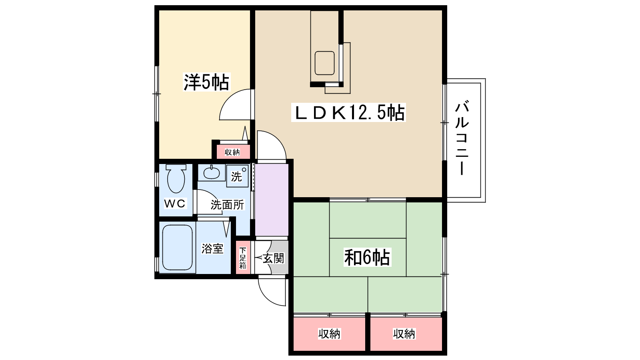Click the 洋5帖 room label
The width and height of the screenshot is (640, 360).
point(206,82)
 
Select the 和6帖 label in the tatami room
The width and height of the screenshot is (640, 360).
point(367,257)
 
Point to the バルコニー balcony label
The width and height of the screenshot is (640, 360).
point(462,138)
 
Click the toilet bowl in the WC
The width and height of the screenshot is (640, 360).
point(176,179)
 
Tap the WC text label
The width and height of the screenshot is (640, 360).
point(175,204)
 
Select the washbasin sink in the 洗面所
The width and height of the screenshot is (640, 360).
point(211,173)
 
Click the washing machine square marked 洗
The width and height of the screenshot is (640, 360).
point(237,176)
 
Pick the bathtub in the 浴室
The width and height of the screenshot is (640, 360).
point(177,248)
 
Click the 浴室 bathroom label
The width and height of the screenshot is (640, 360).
point(212,249)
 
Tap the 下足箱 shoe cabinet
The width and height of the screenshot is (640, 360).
point(243,258)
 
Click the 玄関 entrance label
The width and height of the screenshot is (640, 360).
point(274,258)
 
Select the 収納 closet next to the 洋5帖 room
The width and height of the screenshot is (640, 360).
point(232,152)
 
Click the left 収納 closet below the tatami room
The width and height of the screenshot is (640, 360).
point(329,334)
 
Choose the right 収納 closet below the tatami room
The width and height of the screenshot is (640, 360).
point(404,334)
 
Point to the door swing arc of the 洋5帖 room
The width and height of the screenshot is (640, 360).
point(234,105)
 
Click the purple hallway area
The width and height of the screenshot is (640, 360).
point(272,200)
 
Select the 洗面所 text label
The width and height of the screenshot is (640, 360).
point(227,205)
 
